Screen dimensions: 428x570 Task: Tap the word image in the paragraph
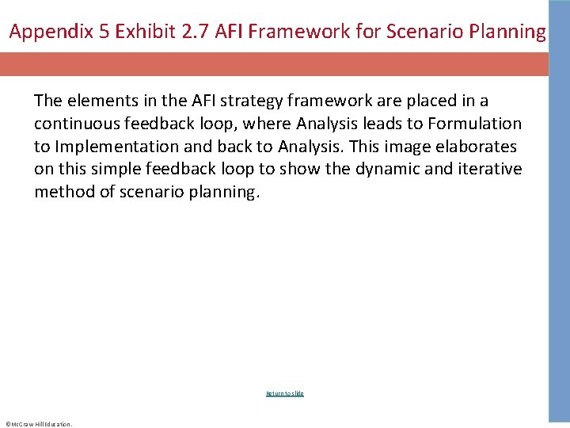[x=408, y=147]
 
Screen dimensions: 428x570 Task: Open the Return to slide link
[x=285, y=393]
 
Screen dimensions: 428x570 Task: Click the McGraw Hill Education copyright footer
[x=38, y=424]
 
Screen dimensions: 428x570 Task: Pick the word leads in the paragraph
[x=372, y=124]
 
